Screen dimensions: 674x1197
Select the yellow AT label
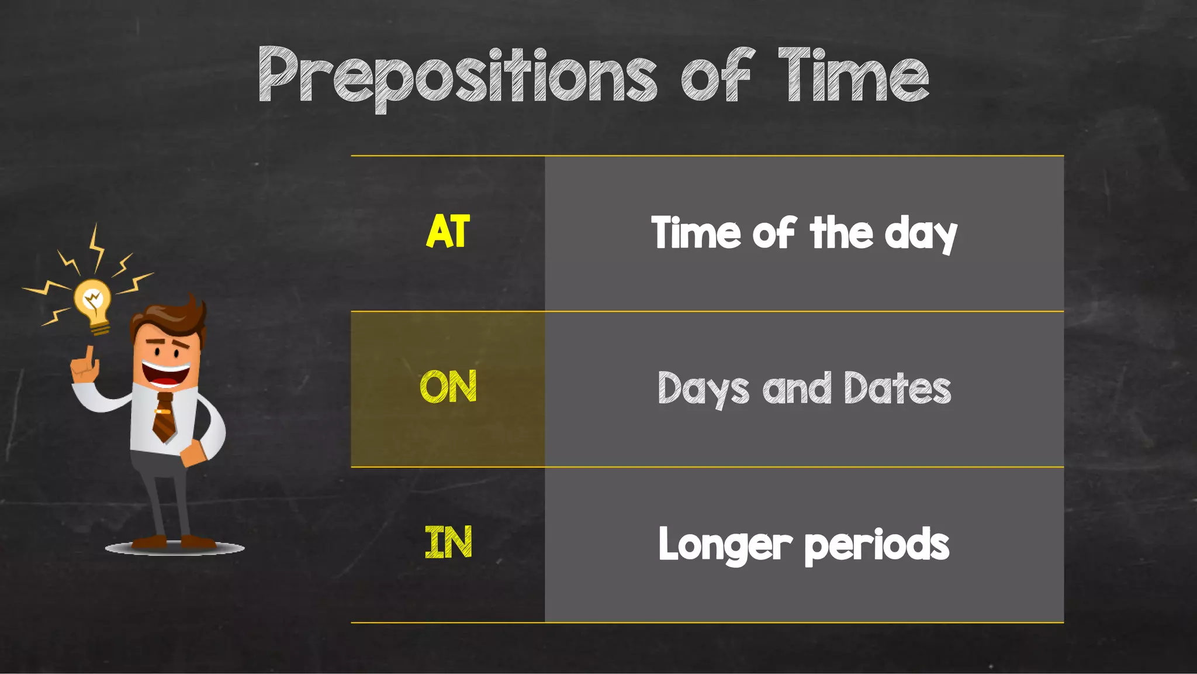(448, 232)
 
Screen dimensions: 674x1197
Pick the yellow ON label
(448, 387)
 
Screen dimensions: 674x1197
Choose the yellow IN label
(448, 543)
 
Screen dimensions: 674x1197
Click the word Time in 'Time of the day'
(696, 233)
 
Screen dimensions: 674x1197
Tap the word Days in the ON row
(703, 390)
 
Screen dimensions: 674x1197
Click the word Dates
(897, 388)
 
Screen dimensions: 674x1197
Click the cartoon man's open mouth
(167, 375)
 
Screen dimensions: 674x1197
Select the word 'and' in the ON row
(796, 388)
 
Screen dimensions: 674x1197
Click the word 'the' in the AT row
(841, 233)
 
